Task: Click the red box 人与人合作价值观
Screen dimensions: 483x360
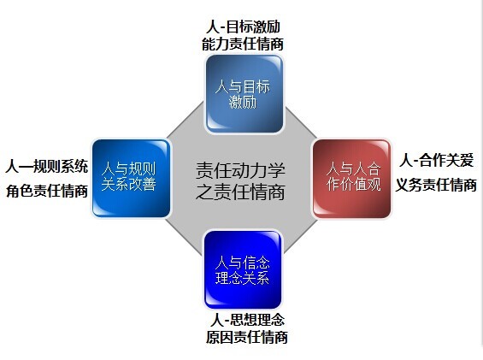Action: pos(351,179)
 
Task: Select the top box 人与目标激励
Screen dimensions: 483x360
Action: pos(244,94)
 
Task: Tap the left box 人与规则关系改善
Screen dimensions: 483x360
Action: pos(132,179)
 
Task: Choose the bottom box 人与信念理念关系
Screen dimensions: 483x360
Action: pos(243,269)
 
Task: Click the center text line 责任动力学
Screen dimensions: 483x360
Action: pos(240,170)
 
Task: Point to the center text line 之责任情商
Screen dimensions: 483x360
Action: pos(240,192)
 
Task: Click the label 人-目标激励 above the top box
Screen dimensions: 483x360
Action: pos(243,27)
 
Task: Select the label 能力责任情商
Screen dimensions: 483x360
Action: pos(243,44)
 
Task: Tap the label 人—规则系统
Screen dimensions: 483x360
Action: pos(47,167)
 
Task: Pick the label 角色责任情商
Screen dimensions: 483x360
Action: pos(47,191)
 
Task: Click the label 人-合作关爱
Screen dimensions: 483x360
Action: pos(436,160)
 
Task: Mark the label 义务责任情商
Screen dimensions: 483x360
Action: pos(436,185)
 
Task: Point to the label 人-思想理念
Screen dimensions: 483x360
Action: pos(247,320)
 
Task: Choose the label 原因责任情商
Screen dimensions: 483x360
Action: pos(247,337)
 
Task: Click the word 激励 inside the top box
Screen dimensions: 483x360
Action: pos(243,102)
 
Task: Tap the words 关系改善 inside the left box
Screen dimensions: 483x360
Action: pos(129,185)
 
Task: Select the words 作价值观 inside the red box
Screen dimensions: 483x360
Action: pos(354,185)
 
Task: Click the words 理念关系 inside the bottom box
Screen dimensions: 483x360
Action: pos(243,278)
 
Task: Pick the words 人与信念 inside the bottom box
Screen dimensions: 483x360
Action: pos(243,263)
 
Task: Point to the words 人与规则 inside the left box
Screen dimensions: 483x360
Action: pos(129,169)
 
